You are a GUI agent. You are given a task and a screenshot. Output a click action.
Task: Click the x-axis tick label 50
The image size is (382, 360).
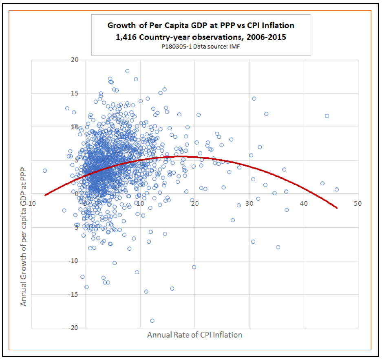(358, 203)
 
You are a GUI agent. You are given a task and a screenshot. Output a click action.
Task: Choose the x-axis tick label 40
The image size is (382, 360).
(304, 203)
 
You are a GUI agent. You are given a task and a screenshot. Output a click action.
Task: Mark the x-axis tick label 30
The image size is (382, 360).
(249, 203)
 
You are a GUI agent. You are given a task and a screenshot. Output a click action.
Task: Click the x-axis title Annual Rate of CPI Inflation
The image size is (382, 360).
(195, 335)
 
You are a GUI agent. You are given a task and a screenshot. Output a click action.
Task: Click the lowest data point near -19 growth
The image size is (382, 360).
(152, 321)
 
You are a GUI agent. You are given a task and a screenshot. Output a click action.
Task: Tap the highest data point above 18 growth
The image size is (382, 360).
(127, 71)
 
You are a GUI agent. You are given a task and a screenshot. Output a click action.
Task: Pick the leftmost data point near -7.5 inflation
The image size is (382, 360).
(45, 171)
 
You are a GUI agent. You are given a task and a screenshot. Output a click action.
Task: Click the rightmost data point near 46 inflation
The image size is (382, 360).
(337, 189)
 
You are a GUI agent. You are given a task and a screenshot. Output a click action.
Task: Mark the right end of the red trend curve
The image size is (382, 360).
(337, 208)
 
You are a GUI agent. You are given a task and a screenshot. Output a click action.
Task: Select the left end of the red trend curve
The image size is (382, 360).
(45, 195)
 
